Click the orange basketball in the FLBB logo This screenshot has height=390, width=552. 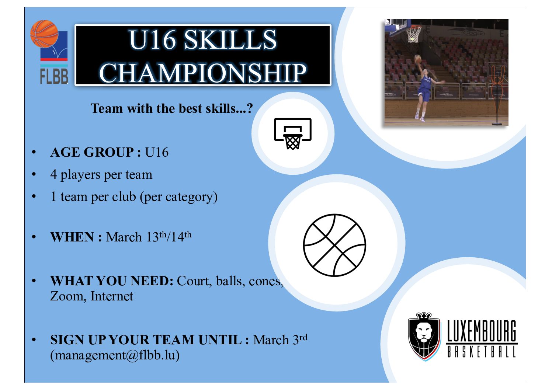[x=44, y=34]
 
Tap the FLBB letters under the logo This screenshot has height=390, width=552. [x=54, y=77]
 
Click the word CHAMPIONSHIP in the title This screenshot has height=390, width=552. [x=202, y=73]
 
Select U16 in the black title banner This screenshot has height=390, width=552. [x=153, y=39]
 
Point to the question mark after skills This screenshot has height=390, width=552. [x=250, y=108]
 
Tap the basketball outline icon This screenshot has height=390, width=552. [x=334, y=245]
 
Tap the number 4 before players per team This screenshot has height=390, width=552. [x=54, y=174]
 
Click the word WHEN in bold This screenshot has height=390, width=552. [x=72, y=237]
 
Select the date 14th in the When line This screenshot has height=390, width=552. [x=181, y=237]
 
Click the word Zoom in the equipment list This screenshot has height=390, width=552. [x=68, y=296]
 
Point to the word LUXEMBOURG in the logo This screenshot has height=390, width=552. [x=482, y=331]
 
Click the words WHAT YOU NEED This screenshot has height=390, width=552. [x=112, y=281]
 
